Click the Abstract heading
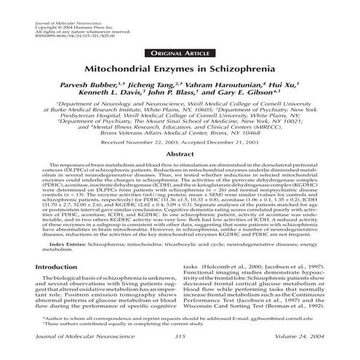coord(180,155)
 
